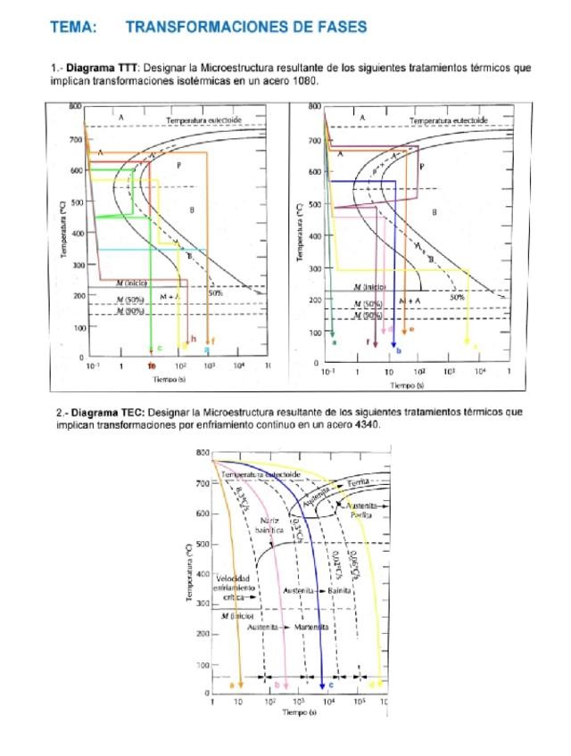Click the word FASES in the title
[339, 28]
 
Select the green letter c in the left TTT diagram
[159, 347]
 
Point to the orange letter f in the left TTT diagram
[214, 341]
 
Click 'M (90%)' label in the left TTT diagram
[130, 314]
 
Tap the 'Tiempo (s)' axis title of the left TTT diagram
[167, 379]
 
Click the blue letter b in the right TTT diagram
[398, 350]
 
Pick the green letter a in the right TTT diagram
[334, 341]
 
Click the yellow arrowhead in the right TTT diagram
[468, 339]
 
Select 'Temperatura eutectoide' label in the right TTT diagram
[449, 120]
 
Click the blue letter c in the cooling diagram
[332, 685]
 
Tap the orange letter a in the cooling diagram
[232, 685]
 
